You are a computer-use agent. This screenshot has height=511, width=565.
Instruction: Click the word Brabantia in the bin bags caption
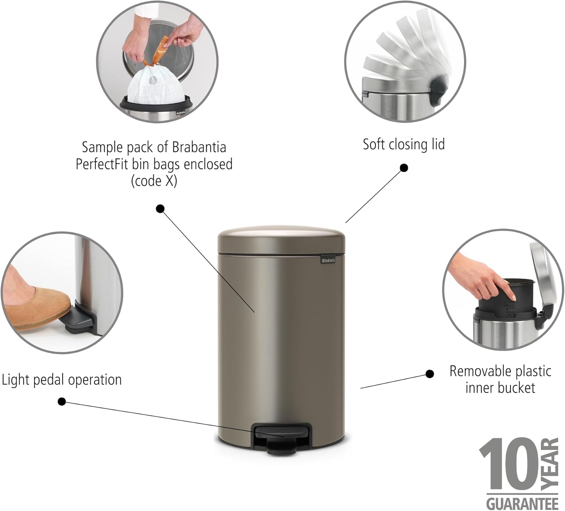point(199,147)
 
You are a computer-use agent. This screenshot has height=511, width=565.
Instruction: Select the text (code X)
point(154,181)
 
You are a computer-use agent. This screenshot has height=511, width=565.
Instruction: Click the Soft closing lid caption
point(403,144)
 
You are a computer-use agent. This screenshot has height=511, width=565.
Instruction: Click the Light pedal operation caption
point(62,379)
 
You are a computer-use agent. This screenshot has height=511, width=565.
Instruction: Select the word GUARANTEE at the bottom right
point(522,503)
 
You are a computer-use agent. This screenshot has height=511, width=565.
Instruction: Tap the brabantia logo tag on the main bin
point(328,260)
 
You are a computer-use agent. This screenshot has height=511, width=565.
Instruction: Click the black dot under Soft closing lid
point(404,168)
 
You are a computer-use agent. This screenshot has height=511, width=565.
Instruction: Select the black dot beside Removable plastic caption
point(429,374)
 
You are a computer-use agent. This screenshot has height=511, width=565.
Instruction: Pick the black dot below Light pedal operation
point(62,402)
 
